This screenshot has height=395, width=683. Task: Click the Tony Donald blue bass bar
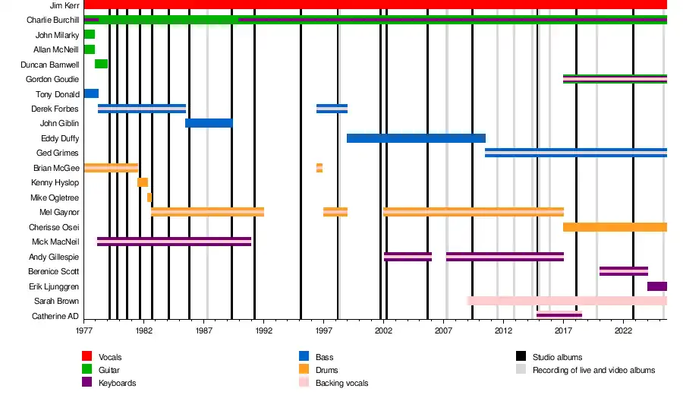coord(91,93)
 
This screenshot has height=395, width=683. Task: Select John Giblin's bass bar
coord(209,123)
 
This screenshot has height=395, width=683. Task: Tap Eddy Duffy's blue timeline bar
coord(416,138)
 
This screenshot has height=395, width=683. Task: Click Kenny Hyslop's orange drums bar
coord(143,182)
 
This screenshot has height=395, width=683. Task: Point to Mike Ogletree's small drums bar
coord(150,197)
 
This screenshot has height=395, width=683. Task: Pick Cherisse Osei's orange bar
coord(615,227)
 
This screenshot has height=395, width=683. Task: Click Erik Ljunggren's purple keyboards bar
coord(657,286)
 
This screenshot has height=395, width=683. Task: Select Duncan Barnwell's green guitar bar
coord(101,64)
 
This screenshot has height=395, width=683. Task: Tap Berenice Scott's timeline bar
coord(623,271)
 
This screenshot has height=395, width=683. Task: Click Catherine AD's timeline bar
coord(559,314)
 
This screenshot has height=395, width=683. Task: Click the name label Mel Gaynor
coord(59,213)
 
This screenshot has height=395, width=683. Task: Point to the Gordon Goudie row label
coord(52,79)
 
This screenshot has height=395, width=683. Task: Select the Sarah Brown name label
coord(58,302)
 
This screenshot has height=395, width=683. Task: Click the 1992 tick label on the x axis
coord(264,331)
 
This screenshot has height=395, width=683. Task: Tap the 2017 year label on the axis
coord(564,331)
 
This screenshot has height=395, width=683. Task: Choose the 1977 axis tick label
coord(84,331)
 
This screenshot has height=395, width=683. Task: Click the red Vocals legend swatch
coord(87,356)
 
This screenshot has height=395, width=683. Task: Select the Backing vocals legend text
coord(341,383)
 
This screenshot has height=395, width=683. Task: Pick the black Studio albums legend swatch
coord(521,356)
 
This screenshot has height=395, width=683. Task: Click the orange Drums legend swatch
coord(304,370)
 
